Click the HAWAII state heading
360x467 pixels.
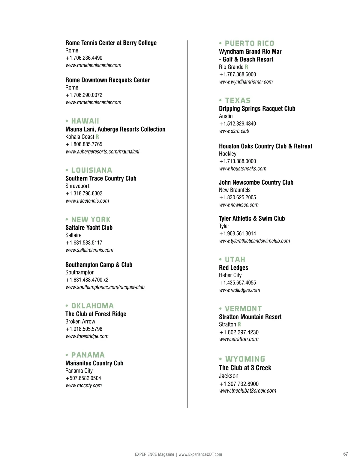(85, 121)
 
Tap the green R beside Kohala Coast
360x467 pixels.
(97, 137)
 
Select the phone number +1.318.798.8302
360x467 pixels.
(84, 193)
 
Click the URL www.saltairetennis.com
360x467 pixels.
(89, 250)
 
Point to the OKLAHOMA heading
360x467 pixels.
(92, 306)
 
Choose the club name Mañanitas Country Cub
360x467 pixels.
(94, 363)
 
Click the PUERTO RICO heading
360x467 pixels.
(249, 43)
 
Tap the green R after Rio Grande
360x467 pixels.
(247, 67)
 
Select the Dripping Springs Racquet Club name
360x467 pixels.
(257, 109)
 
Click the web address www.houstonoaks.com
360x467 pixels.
(243, 168)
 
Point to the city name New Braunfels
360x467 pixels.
(235, 190)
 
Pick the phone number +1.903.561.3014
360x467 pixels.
(238, 233)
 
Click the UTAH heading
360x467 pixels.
(235, 260)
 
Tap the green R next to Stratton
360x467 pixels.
(239, 324)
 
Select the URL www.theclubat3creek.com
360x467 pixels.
(247, 391)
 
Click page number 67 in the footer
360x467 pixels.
(346, 454)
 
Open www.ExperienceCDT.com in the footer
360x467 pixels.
(200, 454)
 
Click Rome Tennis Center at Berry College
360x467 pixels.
(111, 43)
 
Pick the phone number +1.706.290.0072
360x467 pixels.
(84, 95)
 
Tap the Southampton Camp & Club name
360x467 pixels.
(99, 265)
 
